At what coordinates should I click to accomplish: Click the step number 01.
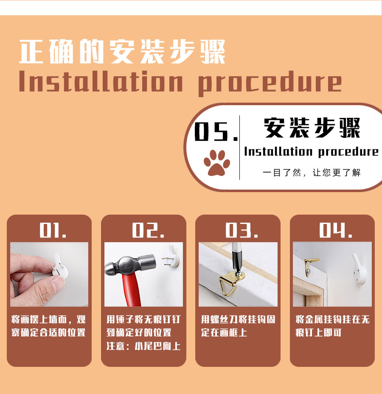coord(53,230)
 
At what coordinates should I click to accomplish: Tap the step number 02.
coord(148,230)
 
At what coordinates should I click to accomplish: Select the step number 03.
coord(242,230)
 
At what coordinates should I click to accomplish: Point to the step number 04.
coord(336,230)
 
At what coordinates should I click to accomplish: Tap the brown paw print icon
coord(216,163)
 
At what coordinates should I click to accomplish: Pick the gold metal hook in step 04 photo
coord(311,266)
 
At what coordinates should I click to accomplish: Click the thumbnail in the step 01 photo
coord(57,282)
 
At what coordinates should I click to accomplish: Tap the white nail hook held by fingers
coord(60,267)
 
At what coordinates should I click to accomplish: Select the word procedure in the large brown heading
coord(270,83)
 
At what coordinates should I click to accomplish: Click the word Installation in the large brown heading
coord(101,81)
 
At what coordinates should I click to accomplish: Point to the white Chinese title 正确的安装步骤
coord(122,51)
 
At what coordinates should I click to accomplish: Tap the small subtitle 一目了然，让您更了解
coord(312,173)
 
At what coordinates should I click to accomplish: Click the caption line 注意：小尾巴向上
coord(143,346)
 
